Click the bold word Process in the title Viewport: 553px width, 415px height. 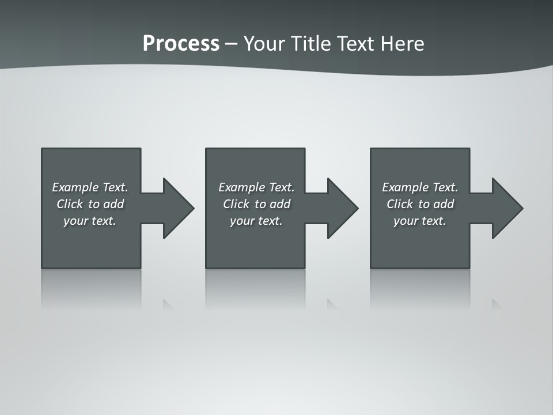click(x=181, y=44)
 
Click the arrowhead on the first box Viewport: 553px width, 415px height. click(x=177, y=208)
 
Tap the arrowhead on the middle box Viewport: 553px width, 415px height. click(x=342, y=208)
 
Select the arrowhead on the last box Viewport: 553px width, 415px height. click(x=506, y=208)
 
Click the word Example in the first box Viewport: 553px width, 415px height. click(x=75, y=187)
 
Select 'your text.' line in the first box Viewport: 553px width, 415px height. click(x=90, y=221)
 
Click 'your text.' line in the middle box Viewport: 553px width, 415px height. click(x=256, y=221)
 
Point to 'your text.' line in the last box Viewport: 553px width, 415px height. click(x=420, y=221)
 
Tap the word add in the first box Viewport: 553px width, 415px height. click(x=114, y=204)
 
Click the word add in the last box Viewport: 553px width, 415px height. click(x=444, y=204)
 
